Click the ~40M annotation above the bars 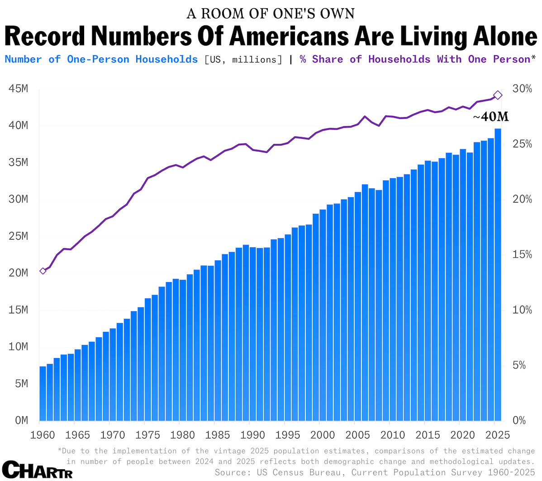pyautogui.click(x=490, y=117)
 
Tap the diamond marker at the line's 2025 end pyautogui.click(x=498, y=95)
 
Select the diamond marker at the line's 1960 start pyautogui.click(x=43, y=271)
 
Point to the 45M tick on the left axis pyautogui.click(x=18, y=89)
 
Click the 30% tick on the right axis pyautogui.click(x=522, y=89)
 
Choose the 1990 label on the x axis pyautogui.click(x=252, y=435)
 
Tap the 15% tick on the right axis pyautogui.click(x=522, y=255)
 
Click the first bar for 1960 pyautogui.click(x=43, y=393)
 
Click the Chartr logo pyautogui.click(x=37, y=470)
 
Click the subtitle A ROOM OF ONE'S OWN pyautogui.click(x=271, y=14)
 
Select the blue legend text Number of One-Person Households pyautogui.click(x=101, y=59)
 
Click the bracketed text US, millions pyautogui.click(x=243, y=59)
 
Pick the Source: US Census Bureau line pyautogui.click(x=375, y=472)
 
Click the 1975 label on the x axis pyautogui.click(x=148, y=435)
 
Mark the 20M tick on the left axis pyautogui.click(x=18, y=273)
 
